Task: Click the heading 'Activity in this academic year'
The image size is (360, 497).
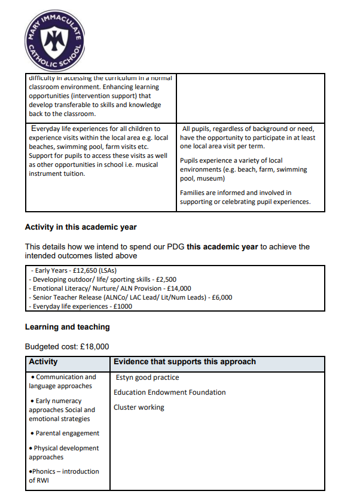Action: click(x=81, y=227)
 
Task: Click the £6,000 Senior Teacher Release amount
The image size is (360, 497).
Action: click(x=219, y=297)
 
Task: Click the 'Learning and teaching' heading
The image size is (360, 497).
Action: click(x=67, y=327)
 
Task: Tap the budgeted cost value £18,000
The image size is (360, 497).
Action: click(x=89, y=347)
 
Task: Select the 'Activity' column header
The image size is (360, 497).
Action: click(x=44, y=362)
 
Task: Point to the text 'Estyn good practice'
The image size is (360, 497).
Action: click(x=148, y=377)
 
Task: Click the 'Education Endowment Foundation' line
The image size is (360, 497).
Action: click(x=169, y=392)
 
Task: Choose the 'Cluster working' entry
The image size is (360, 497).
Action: click(x=139, y=407)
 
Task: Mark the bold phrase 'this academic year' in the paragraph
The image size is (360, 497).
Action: click(x=222, y=246)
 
